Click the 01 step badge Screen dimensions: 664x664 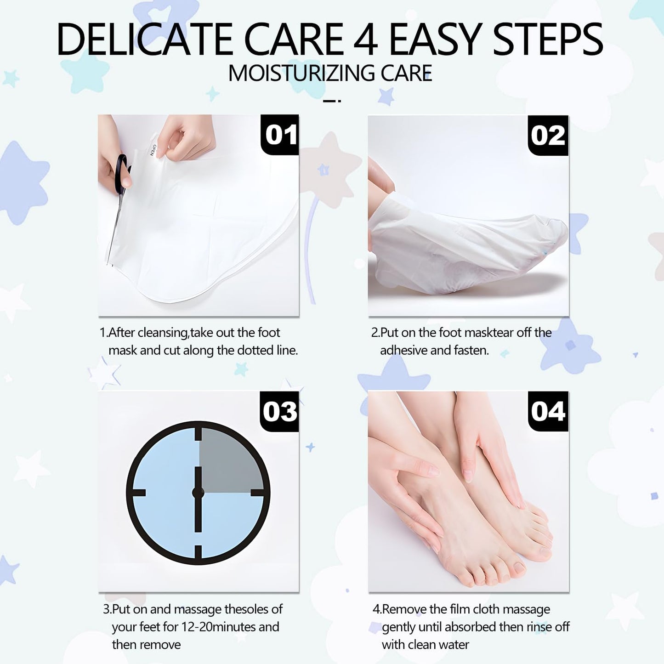(x=280, y=135)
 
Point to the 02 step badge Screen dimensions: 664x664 (x=548, y=135)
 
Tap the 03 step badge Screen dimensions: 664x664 (x=279, y=411)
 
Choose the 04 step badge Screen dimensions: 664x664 (x=548, y=411)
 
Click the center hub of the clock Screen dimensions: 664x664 (x=198, y=492)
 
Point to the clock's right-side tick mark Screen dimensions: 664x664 (x=258, y=493)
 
